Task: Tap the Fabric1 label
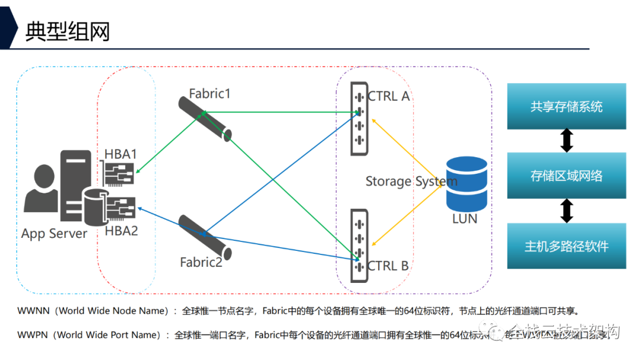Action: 210,93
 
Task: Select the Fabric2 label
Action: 201,262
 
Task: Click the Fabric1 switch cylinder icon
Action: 205,119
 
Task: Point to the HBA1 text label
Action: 120,154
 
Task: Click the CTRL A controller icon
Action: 358,119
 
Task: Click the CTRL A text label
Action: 389,96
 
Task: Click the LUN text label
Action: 464,219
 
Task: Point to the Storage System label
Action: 411,181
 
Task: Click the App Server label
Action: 54,234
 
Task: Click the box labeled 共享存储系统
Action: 566,107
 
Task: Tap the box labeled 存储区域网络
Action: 566,176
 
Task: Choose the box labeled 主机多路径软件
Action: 566,246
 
